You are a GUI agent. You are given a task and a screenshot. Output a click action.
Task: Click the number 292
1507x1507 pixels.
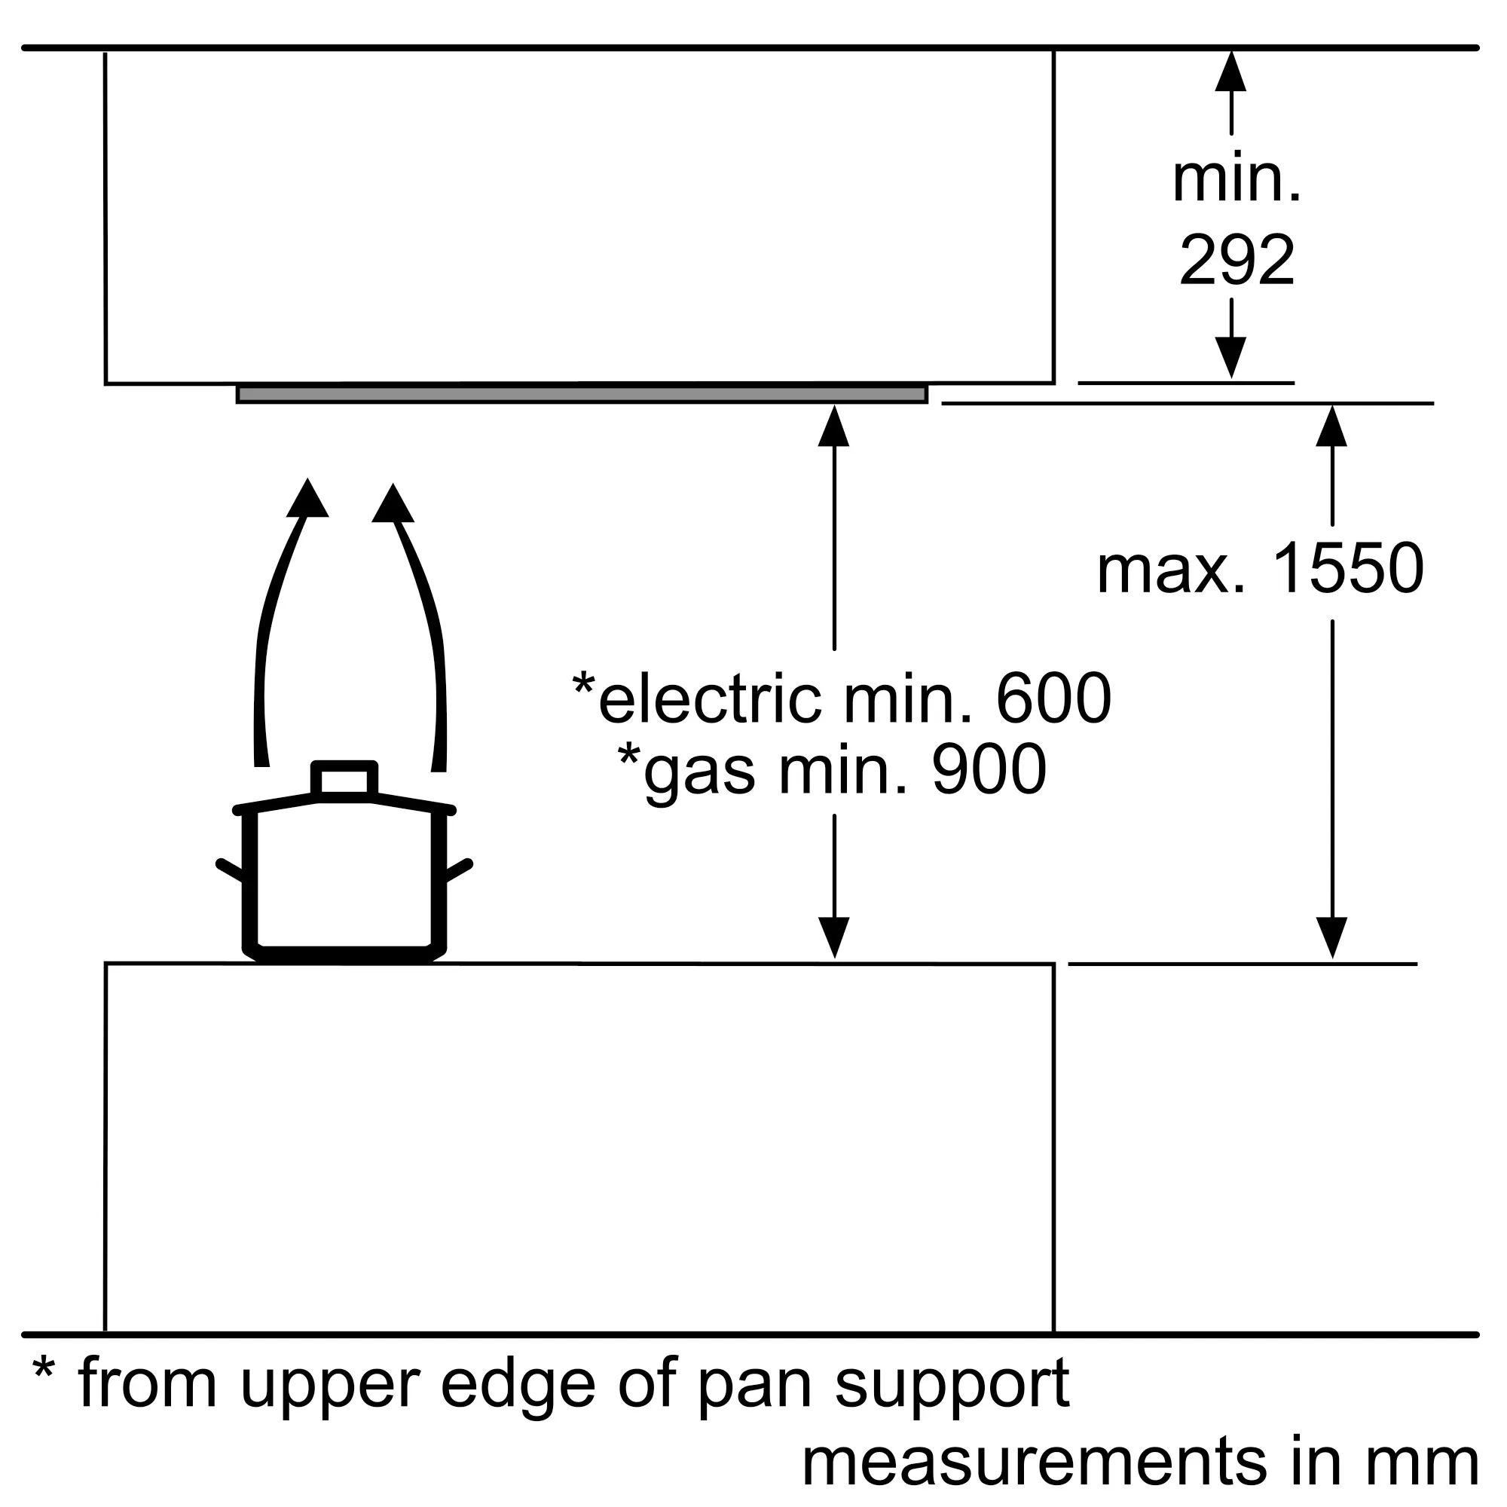[x=1237, y=259]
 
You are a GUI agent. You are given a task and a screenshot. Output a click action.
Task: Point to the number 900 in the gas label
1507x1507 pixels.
[x=989, y=769]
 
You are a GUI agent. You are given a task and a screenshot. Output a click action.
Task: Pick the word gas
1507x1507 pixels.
[x=700, y=775]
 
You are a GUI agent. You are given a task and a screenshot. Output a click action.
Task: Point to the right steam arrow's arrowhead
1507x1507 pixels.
[x=393, y=503]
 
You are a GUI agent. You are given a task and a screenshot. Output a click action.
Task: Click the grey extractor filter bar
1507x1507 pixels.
[x=582, y=394]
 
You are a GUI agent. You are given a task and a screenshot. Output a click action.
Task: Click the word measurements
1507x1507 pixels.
[x=1035, y=1462]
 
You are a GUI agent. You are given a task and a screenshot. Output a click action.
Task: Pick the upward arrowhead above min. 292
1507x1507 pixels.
[x=1231, y=71]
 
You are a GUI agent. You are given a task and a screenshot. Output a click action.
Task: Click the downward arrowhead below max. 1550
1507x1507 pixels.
[x=1331, y=937]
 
